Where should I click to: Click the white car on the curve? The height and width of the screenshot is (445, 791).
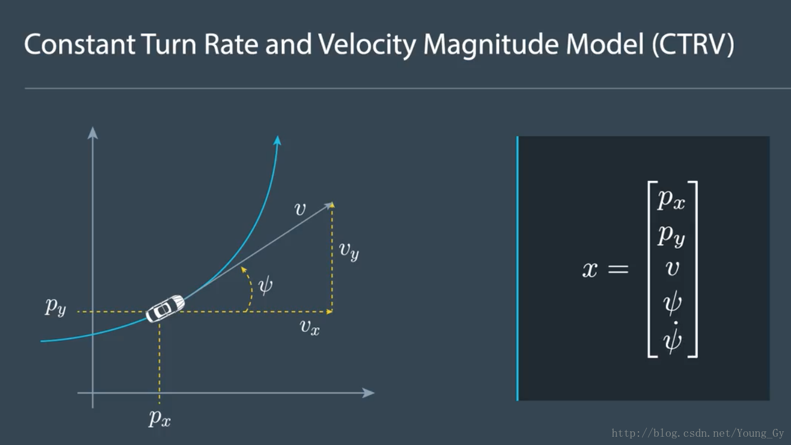click(165, 309)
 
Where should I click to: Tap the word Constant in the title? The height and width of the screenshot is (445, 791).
click(80, 45)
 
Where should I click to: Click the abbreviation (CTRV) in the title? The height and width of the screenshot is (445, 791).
click(693, 45)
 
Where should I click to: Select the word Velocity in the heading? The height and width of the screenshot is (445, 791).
click(367, 45)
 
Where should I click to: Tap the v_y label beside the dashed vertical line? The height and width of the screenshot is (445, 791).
click(349, 250)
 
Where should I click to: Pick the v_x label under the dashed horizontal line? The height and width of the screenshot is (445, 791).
click(310, 328)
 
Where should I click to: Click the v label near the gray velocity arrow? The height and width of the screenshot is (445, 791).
click(300, 209)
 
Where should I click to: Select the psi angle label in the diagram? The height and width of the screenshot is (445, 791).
click(266, 286)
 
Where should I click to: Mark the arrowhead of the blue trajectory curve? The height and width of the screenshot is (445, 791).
click(278, 140)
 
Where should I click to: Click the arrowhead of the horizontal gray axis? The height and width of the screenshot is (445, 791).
click(369, 393)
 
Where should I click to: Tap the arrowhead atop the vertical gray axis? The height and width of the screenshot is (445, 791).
click(92, 133)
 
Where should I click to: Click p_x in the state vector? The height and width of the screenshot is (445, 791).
click(671, 200)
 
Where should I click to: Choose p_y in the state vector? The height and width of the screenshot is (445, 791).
click(671, 236)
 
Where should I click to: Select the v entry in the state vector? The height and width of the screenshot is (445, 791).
click(672, 268)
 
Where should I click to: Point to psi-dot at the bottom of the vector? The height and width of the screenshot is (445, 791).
click(672, 338)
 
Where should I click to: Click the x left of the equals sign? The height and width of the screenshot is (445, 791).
click(590, 270)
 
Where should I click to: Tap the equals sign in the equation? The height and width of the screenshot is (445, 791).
click(618, 269)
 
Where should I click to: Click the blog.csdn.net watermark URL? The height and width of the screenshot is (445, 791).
click(697, 433)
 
